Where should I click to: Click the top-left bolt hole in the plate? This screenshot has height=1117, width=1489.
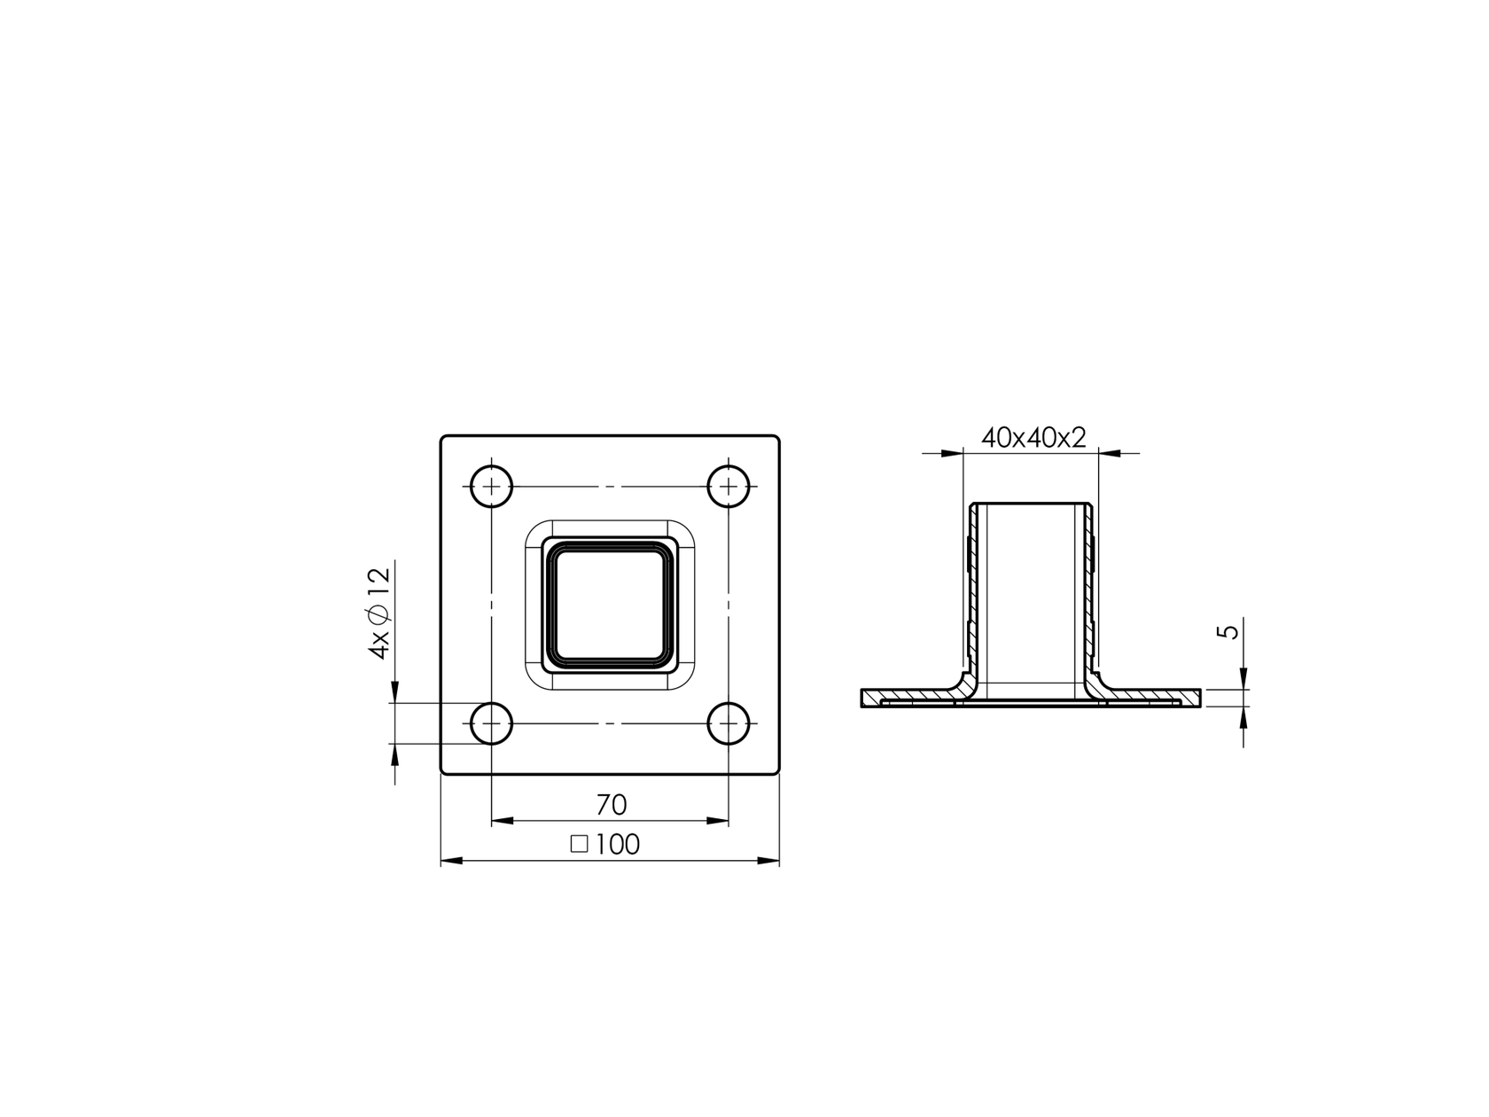coord(491,486)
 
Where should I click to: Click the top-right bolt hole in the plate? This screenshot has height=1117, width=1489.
coord(729,486)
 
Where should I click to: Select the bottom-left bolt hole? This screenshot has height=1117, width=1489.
coord(491,724)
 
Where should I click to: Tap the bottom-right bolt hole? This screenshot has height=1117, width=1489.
coord(729,724)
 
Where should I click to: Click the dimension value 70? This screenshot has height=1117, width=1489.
coord(611,805)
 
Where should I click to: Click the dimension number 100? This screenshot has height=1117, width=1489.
coord(618,845)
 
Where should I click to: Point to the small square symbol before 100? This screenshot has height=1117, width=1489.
coord(580,844)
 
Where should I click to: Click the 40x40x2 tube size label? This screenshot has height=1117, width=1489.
coord(1033,438)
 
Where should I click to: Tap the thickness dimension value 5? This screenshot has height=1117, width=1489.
coord(1228,632)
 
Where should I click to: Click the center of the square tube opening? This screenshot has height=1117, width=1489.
coord(610,604)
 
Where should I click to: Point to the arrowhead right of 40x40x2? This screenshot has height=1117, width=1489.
coord(1109,454)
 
